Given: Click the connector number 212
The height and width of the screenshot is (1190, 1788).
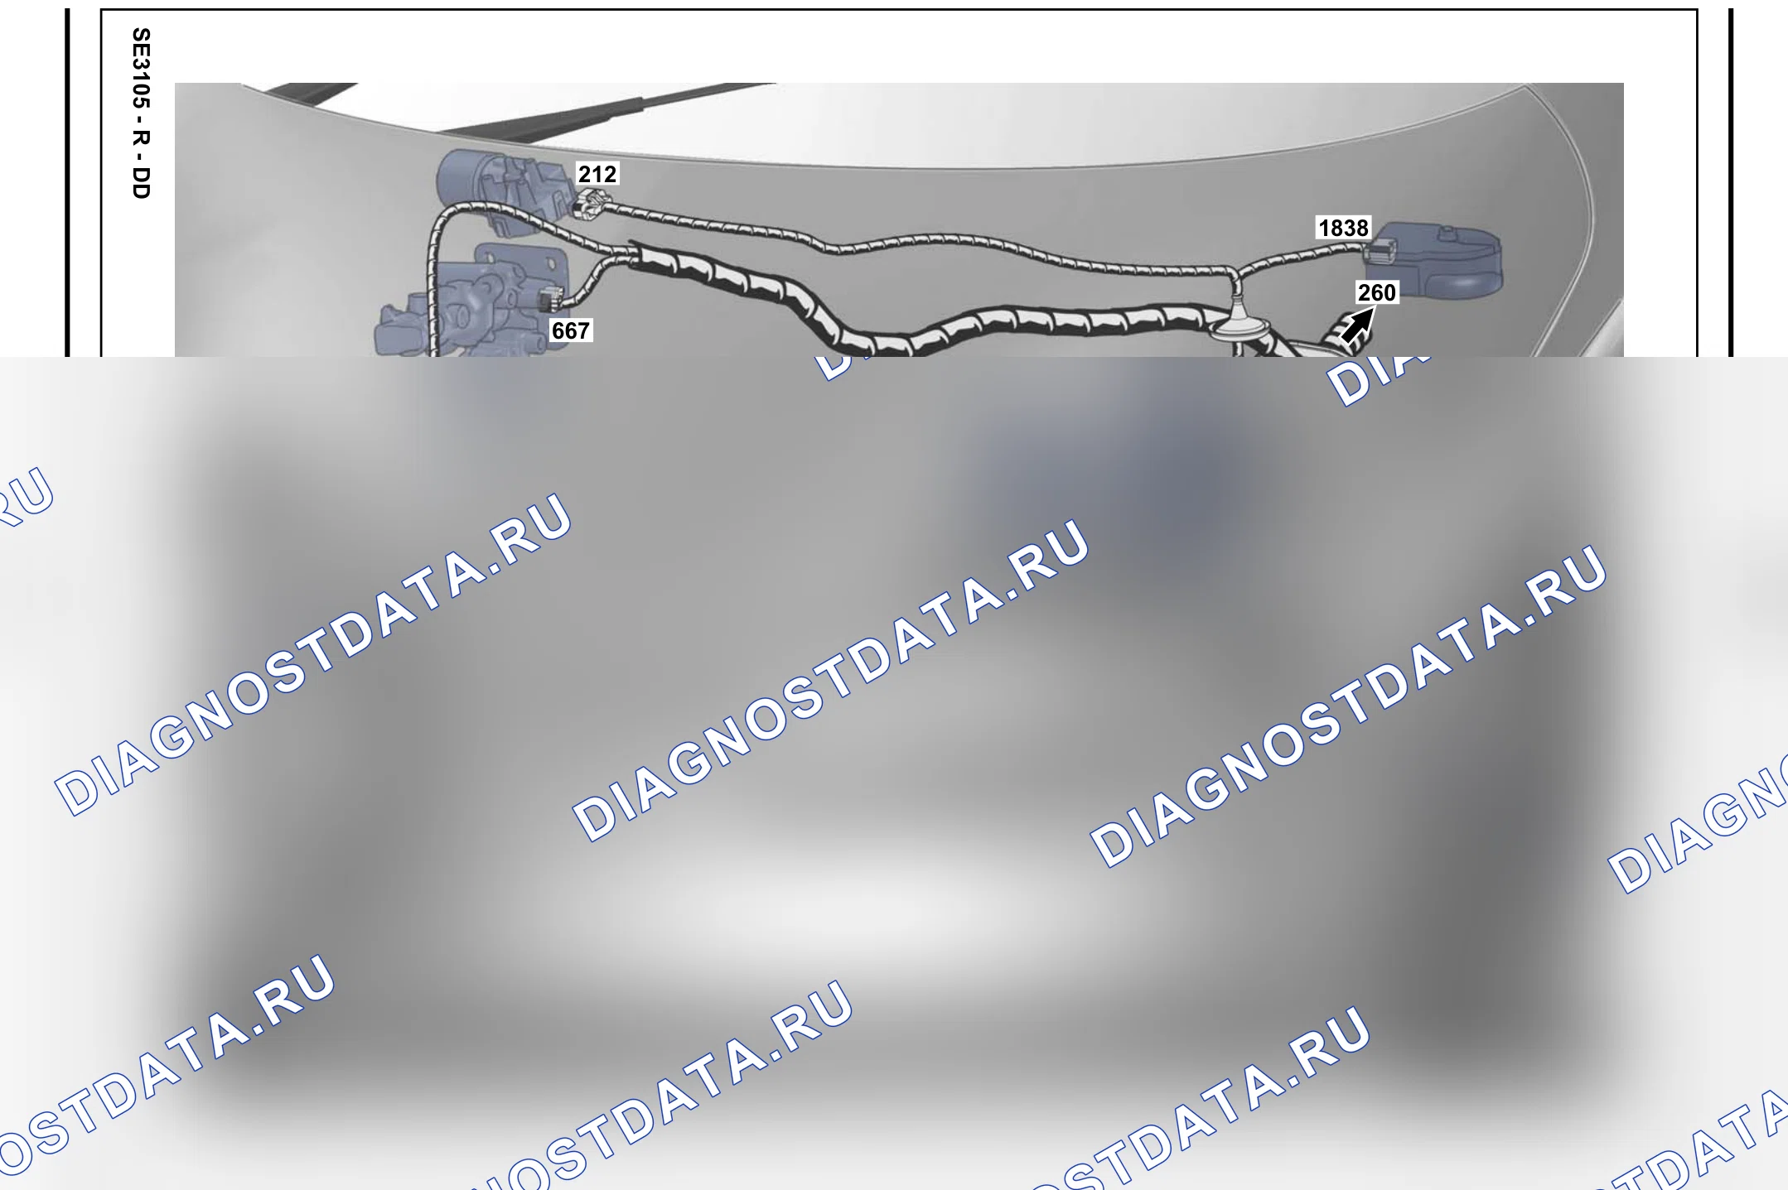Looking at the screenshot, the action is point(597,174).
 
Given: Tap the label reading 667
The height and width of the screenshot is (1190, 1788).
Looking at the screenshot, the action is point(571,330).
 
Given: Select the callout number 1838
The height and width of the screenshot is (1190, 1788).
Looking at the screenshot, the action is point(1343,228).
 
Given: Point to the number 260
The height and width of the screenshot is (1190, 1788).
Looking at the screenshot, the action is point(1377,292).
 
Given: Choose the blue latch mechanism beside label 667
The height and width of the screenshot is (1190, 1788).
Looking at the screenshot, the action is point(472,302).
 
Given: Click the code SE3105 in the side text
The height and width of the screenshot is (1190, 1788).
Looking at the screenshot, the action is point(142,69).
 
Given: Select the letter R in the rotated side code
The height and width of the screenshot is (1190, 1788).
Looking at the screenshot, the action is point(142,136).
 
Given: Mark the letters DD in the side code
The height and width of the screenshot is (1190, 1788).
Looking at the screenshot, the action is point(142,183).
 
